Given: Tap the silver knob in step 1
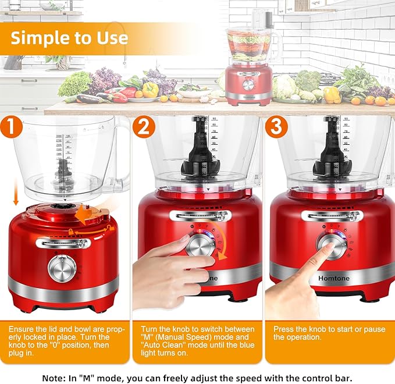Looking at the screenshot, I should click(x=62, y=268).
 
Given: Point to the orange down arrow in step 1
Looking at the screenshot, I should click(x=15, y=188).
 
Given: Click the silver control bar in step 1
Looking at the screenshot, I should click(x=62, y=243).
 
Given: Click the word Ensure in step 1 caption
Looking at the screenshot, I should click(x=22, y=329).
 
